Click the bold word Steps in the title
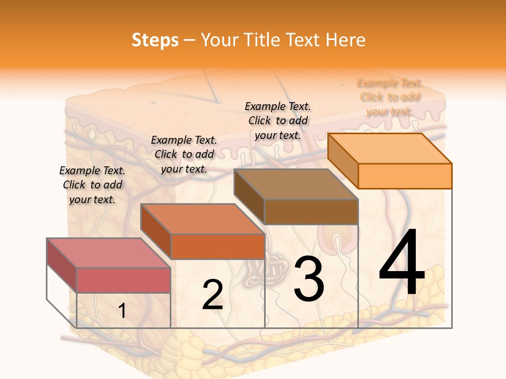click(x=155, y=40)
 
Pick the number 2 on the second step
click(x=212, y=295)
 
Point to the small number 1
click(x=122, y=311)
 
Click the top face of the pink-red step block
click(x=108, y=253)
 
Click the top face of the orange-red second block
click(x=202, y=219)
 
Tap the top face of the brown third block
click(x=296, y=184)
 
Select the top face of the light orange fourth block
click(x=390, y=148)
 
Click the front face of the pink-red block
click(x=123, y=280)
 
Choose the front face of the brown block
click(x=311, y=212)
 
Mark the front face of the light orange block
click(x=405, y=176)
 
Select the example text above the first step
click(x=92, y=185)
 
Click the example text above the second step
click(x=184, y=154)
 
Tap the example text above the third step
click(x=278, y=121)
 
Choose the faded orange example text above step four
click(x=390, y=97)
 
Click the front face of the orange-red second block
click(x=217, y=246)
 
